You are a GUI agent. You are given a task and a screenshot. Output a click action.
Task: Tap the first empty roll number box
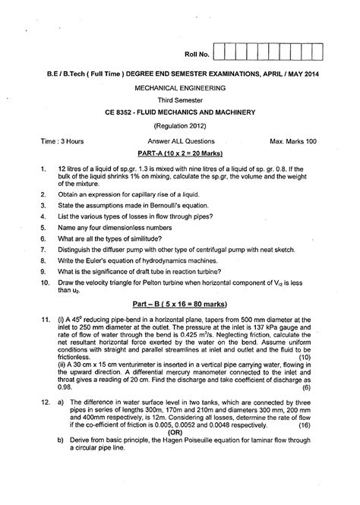coord(221,53)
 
